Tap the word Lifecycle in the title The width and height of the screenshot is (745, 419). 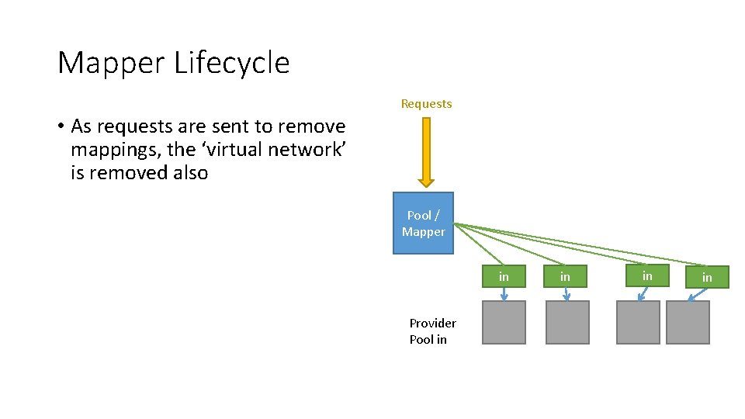pyautogui.click(x=231, y=63)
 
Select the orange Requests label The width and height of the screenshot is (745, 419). pyautogui.click(x=426, y=104)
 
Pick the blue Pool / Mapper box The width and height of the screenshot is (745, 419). pyautogui.click(x=423, y=223)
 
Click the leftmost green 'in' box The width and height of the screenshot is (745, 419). pyautogui.click(x=504, y=276)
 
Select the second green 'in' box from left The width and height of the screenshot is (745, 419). pyautogui.click(x=565, y=276)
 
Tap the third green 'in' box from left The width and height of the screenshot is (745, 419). pyautogui.click(x=647, y=275)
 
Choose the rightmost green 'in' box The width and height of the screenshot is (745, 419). pyautogui.click(x=707, y=277)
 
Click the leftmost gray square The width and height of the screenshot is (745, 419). pyautogui.click(x=504, y=323)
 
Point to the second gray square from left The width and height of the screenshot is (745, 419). pyautogui.click(x=567, y=323)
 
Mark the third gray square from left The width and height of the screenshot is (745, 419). pyautogui.click(x=638, y=323)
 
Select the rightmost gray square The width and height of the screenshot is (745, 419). pyautogui.click(x=688, y=323)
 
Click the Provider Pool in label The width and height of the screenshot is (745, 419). pyautogui.click(x=432, y=331)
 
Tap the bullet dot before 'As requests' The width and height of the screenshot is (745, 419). pyautogui.click(x=60, y=126)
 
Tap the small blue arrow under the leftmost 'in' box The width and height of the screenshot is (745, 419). pyautogui.click(x=504, y=294)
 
